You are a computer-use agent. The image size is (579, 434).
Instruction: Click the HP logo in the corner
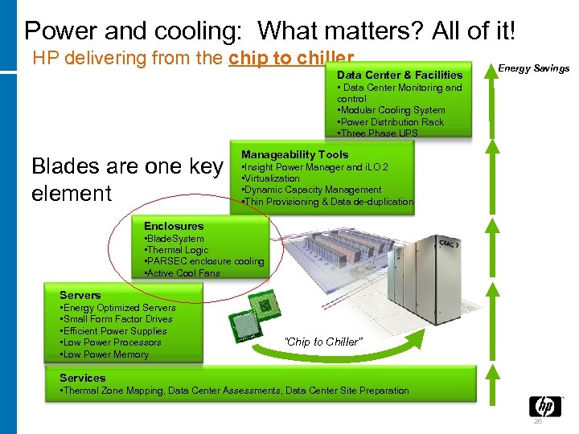click(x=544, y=406)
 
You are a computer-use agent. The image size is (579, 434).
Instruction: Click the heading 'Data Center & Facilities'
click(x=400, y=75)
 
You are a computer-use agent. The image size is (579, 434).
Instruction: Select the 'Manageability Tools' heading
click(x=295, y=154)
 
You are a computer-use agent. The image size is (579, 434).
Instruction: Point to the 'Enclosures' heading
click(x=174, y=227)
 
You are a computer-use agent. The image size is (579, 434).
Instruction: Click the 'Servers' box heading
click(x=80, y=295)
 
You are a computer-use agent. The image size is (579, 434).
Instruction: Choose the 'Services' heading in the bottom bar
click(x=83, y=378)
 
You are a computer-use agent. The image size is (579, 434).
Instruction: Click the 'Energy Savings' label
click(x=534, y=68)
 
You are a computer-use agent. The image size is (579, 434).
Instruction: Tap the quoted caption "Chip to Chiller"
click(x=324, y=342)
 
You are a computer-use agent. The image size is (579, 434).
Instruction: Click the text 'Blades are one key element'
click(x=127, y=179)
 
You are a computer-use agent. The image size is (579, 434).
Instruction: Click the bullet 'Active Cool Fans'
click(x=182, y=273)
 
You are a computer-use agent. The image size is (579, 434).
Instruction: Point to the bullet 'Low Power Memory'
click(x=105, y=354)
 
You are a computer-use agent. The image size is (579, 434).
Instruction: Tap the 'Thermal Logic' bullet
click(x=176, y=250)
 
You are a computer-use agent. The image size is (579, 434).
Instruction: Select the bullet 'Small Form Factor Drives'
click(x=117, y=319)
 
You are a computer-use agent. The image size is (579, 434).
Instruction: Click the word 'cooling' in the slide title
click(x=196, y=31)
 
